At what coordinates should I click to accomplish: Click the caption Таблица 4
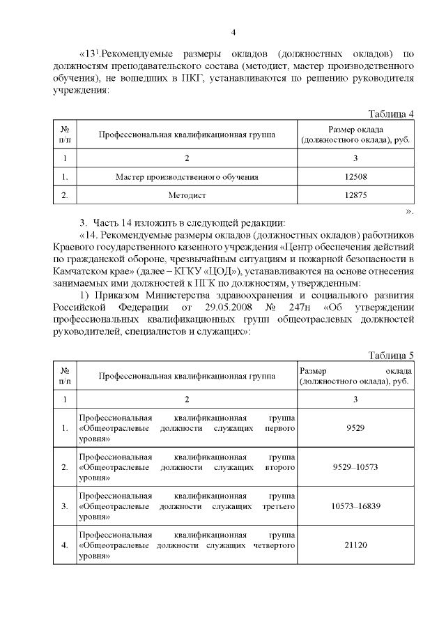pyautogui.click(x=391, y=114)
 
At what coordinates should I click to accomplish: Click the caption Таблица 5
pyautogui.click(x=391, y=356)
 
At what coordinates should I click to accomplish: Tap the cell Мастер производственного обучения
pyautogui.click(x=187, y=177)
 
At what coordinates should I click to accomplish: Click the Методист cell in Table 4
pyautogui.click(x=187, y=196)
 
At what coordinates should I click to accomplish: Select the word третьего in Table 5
pyautogui.click(x=277, y=505)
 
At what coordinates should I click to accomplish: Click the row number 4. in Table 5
pyautogui.click(x=65, y=545)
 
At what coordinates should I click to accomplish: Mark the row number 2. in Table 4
pyautogui.click(x=65, y=196)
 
